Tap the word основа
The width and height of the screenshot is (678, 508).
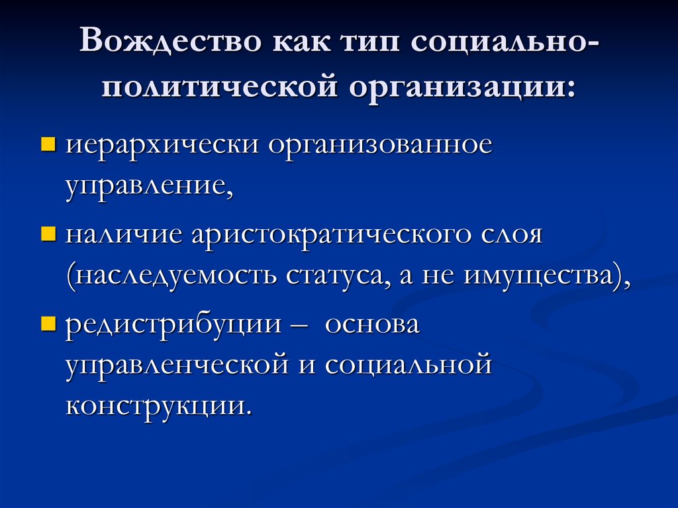click(373, 326)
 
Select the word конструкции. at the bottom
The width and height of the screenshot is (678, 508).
click(159, 404)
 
